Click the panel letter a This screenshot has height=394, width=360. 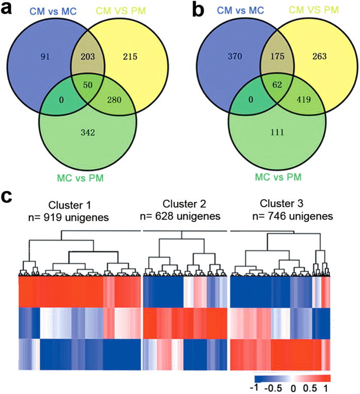11,11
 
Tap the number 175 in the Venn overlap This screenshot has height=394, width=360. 272,58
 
